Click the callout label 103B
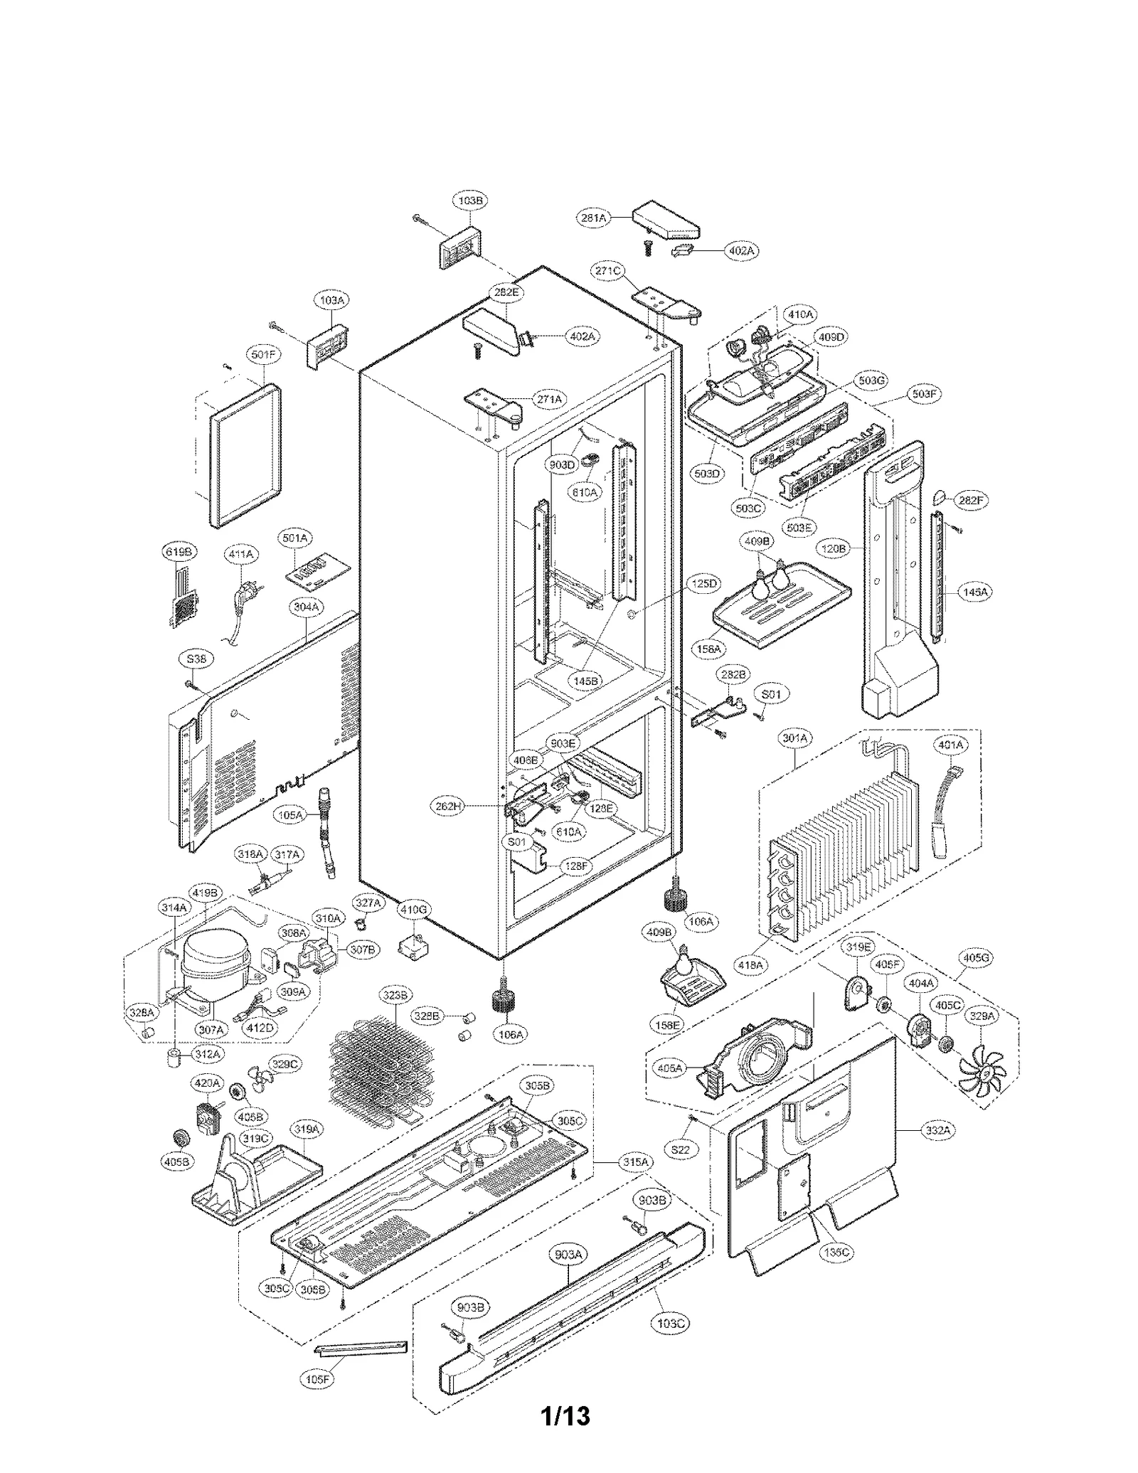(470, 201)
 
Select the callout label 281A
(593, 218)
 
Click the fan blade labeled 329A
(980, 1069)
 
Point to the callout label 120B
(833, 548)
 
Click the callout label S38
(196, 659)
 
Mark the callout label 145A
(974, 591)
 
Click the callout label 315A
(634, 1161)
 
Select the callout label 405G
(976, 958)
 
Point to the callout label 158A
(708, 649)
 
